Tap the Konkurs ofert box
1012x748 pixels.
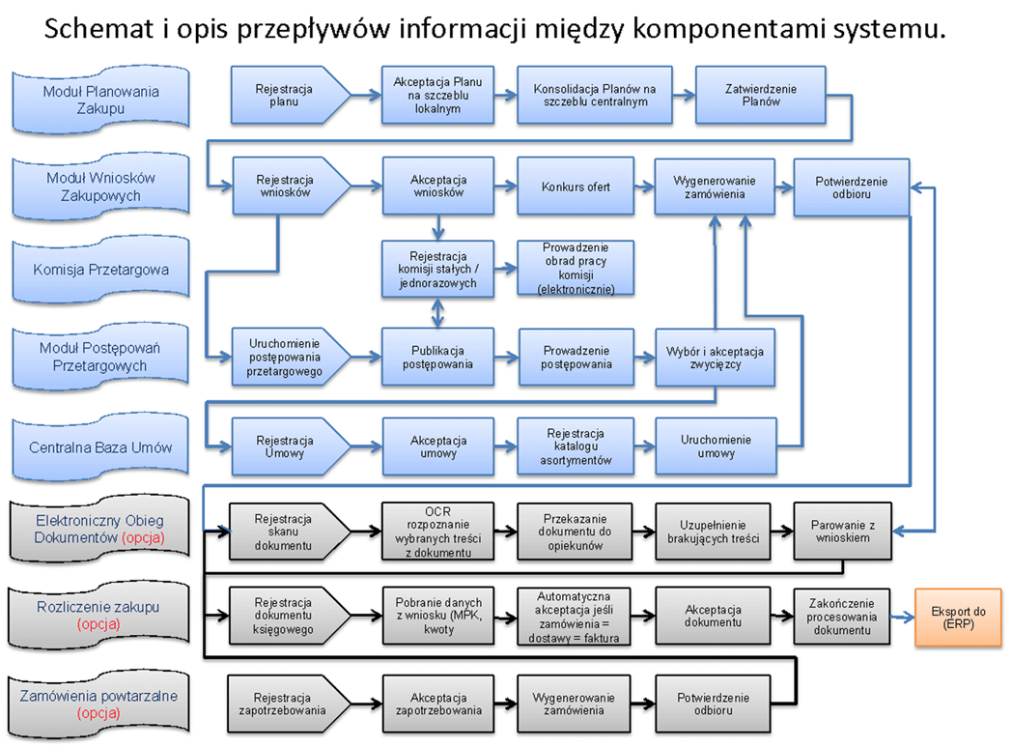point(576,187)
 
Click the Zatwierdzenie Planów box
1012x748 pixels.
point(760,96)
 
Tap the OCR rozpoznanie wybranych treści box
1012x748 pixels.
point(438,532)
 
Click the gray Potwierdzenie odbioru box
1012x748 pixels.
point(714,705)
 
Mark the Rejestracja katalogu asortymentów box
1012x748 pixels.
point(576,447)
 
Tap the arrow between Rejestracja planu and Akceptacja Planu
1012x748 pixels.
point(364,96)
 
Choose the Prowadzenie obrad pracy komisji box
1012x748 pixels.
point(576,268)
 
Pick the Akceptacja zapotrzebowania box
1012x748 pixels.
point(438,705)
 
